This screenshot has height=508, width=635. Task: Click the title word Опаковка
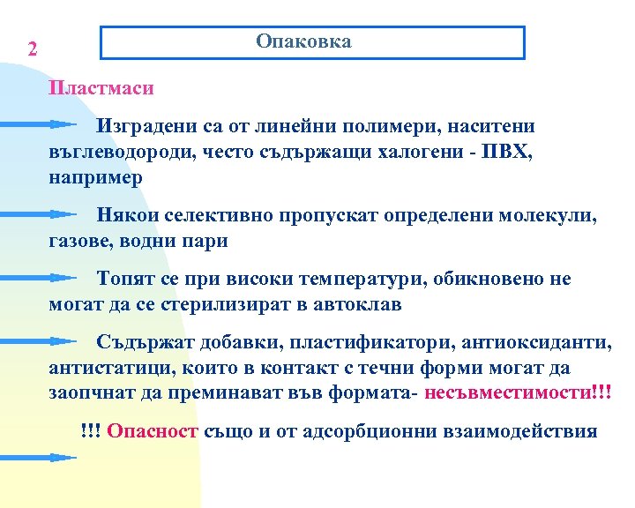pyautogui.click(x=303, y=42)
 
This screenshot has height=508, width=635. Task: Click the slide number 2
pyautogui.click(x=33, y=49)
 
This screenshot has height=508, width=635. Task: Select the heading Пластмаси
pyautogui.click(x=101, y=89)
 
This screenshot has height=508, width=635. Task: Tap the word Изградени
pyautogui.click(x=146, y=126)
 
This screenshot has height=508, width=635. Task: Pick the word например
pyautogui.click(x=95, y=176)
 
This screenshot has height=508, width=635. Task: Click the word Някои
pyautogui.click(x=125, y=215)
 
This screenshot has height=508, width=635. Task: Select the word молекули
pyautogui.click(x=549, y=215)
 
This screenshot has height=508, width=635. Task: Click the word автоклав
pyautogui.click(x=359, y=305)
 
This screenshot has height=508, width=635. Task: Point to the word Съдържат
pyautogui.click(x=143, y=342)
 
